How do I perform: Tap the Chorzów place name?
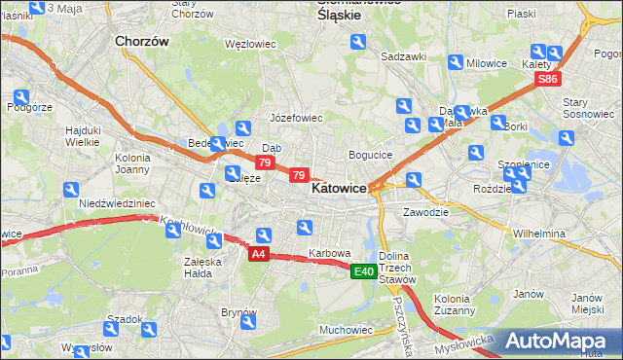(x=142, y=42)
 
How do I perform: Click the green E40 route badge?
(x=364, y=271)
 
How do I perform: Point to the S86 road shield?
(x=549, y=80)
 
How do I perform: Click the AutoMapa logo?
(x=563, y=341)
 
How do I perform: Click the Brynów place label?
(x=238, y=312)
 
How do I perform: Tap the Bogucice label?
(x=370, y=155)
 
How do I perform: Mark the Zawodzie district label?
(x=425, y=211)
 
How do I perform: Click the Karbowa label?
(x=329, y=253)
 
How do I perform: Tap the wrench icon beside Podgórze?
(x=21, y=97)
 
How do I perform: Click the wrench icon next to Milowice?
(x=456, y=62)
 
